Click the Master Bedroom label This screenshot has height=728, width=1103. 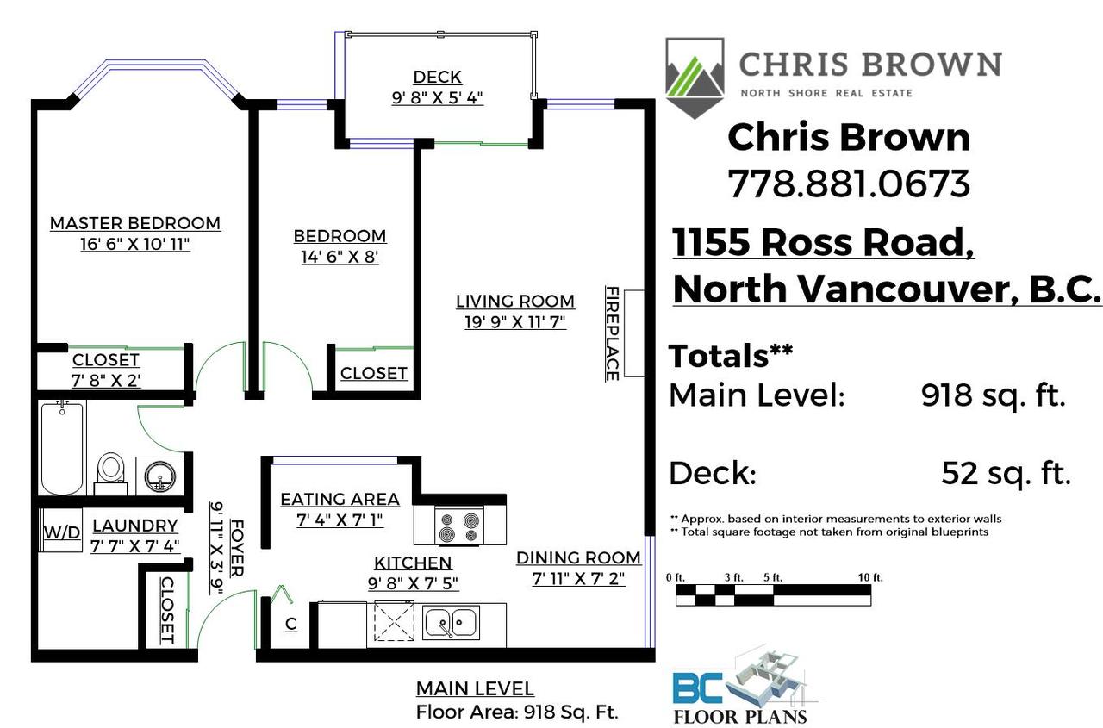pos(134,223)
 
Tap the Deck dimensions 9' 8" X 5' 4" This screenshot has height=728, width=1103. pos(437,97)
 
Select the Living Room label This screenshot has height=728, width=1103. pos(514,302)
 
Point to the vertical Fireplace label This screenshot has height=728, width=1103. pos(612,333)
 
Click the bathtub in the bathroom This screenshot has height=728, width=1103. pos(62,448)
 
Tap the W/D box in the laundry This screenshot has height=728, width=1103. pos(61,532)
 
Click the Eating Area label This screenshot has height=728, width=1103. pos(340,500)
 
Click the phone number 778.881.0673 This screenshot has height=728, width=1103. pos(849,184)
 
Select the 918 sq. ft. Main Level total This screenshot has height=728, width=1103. pos(994,395)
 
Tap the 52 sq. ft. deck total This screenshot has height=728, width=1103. pos(1006,473)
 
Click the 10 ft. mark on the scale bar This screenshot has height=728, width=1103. pos(869,578)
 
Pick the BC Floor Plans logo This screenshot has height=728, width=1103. pos(739,689)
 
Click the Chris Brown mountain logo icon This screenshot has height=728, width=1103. pos(694,78)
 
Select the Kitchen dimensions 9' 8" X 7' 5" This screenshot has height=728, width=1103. pos(412,583)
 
